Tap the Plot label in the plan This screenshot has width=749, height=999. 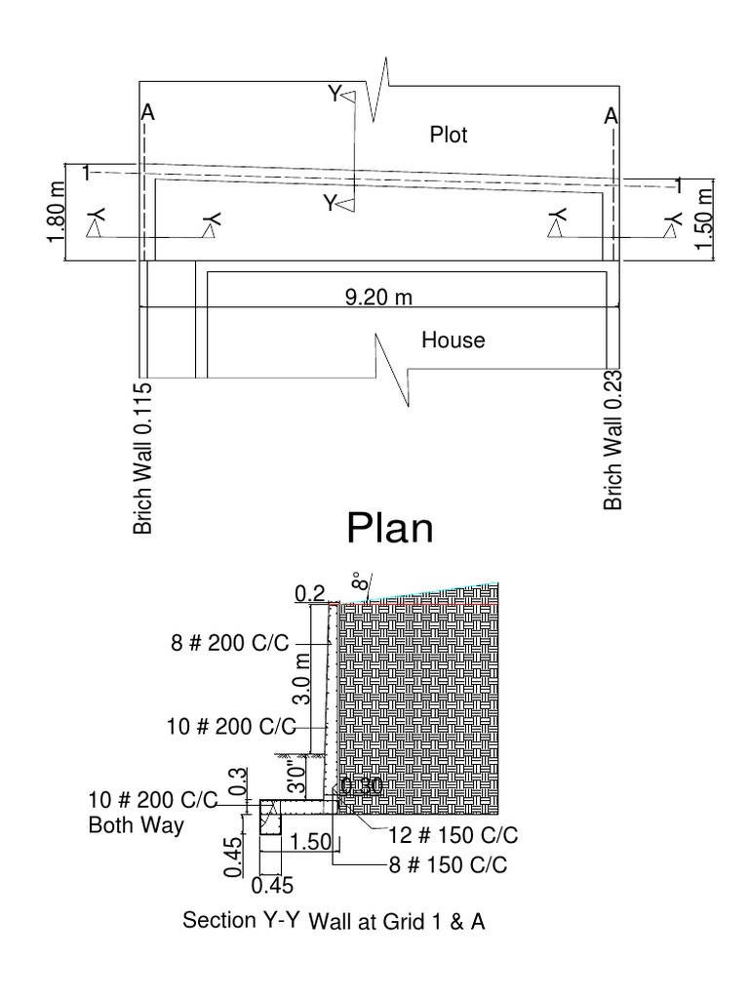click(449, 135)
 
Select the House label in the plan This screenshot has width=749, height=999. click(453, 340)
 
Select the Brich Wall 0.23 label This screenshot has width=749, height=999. click(613, 445)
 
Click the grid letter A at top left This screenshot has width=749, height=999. click(147, 114)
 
